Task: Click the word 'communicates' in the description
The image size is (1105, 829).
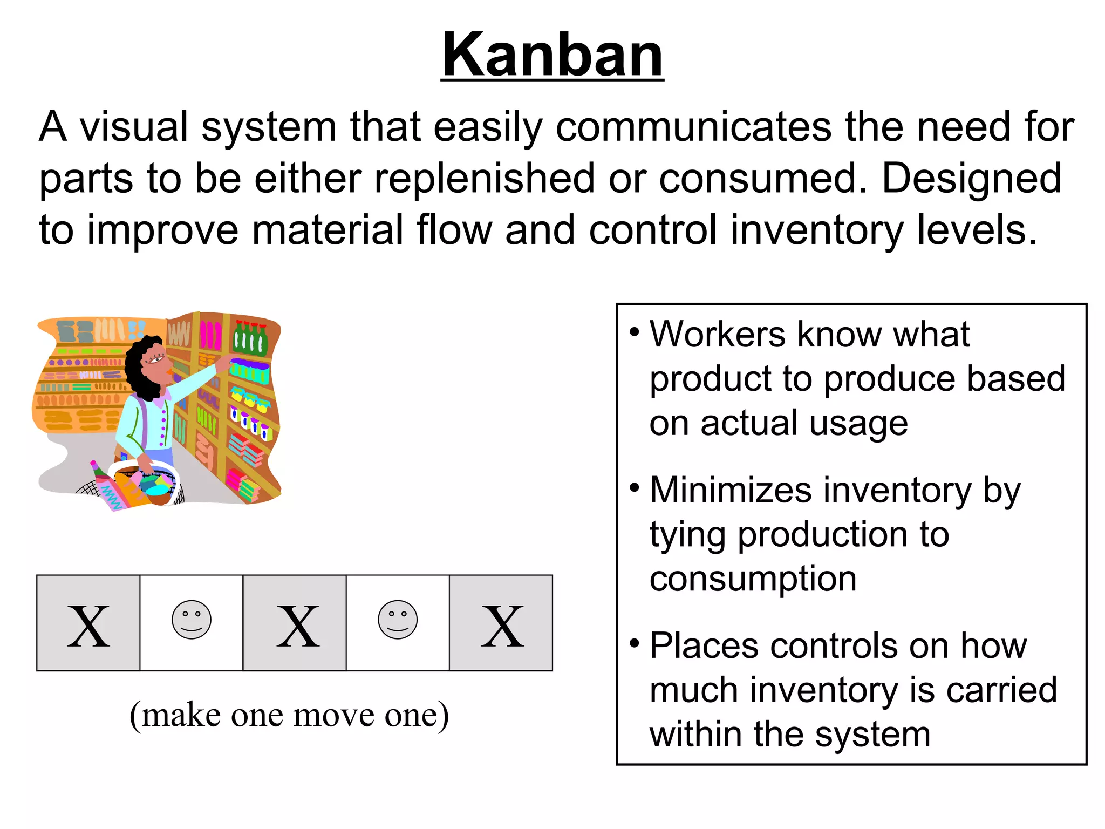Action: point(693,127)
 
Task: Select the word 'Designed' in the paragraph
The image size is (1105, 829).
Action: point(971,179)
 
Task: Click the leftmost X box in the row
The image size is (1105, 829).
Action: point(88,623)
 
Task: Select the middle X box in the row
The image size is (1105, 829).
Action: point(295,623)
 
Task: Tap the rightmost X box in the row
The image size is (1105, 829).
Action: point(501,623)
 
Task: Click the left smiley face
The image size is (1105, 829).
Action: point(192,620)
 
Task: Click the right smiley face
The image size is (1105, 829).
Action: point(398,620)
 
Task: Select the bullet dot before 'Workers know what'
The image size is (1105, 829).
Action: point(635,331)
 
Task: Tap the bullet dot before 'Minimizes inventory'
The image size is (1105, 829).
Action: point(635,487)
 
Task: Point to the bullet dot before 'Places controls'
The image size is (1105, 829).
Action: point(635,643)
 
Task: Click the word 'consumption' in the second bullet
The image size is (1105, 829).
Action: point(753,580)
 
